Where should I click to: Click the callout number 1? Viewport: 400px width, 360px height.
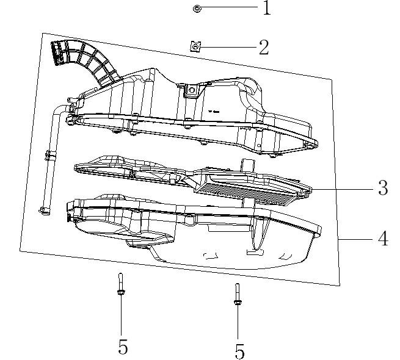click(x=266, y=8)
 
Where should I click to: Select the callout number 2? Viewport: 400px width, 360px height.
click(x=264, y=48)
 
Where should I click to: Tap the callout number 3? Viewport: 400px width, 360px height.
click(x=382, y=188)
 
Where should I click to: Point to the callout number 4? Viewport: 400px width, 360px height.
click(x=382, y=239)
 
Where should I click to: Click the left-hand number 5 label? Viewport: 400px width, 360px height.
click(x=123, y=347)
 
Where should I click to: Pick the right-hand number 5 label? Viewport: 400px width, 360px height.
click(x=239, y=351)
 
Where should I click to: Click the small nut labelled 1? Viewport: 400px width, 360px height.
click(x=197, y=9)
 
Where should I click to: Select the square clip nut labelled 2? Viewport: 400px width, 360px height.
click(x=195, y=46)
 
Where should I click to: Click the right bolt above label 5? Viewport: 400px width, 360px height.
click(x=236, y=295)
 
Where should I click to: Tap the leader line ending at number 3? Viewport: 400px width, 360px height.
click(x=342, y=189)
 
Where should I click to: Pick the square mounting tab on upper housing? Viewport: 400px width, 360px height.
click(x=190, y=90)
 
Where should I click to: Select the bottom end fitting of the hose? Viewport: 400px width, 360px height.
click(x=44, y=211)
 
